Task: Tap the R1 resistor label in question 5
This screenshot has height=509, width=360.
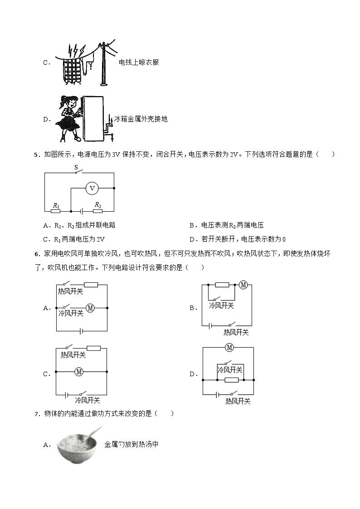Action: coord(56,206)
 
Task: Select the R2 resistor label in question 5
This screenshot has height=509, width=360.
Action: coord(97,205)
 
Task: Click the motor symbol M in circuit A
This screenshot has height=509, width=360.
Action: coord(90,308)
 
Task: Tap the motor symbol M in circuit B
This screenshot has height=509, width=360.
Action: coord(243,285)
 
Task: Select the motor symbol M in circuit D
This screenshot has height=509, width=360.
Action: coord(229,348)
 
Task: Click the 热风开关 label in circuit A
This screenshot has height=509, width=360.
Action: coord(71,291)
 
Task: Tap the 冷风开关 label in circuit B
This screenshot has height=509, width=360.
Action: coord(221,306)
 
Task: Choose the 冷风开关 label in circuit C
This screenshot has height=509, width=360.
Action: coord(88,400)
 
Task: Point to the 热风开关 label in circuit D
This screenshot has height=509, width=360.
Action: coord(238,402)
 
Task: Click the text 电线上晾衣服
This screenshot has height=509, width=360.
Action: coord(139,63)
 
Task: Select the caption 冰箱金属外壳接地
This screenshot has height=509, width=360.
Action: coord(141,119)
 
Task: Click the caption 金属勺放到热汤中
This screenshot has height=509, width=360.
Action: coord(131,445)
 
